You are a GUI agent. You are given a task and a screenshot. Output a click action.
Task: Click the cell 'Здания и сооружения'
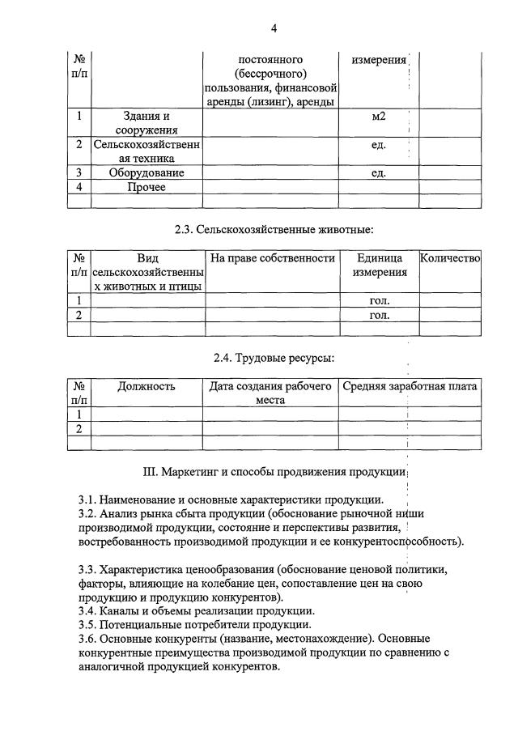tap(146, 123)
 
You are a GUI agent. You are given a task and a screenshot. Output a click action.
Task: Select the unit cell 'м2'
tap(378, 117)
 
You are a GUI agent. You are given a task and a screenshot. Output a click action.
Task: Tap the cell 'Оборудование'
tap(146, 172)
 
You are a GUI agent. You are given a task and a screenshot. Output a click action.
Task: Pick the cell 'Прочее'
tap(146, 187)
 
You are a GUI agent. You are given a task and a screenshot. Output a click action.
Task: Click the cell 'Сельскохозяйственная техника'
tap(146, 152)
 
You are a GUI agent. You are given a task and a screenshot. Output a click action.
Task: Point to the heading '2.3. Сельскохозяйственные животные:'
tap(274, 230)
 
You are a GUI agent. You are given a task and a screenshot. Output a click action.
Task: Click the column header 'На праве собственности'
tap(272, 258)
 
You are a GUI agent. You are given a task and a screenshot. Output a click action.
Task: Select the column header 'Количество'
tap(450, 258)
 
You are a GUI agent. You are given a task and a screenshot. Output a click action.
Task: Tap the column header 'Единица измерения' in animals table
tap(379, 266)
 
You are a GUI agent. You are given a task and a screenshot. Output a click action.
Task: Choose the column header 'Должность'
tap(146, 386)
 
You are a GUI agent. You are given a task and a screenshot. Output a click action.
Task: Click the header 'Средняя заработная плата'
tap(410, 386)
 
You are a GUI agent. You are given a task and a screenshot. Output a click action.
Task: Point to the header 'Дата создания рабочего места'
tap(270, 393)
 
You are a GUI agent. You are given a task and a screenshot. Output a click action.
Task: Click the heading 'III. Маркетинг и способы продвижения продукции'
tap(274, 471)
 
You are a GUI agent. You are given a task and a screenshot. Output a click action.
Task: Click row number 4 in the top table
tap(79, 187)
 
